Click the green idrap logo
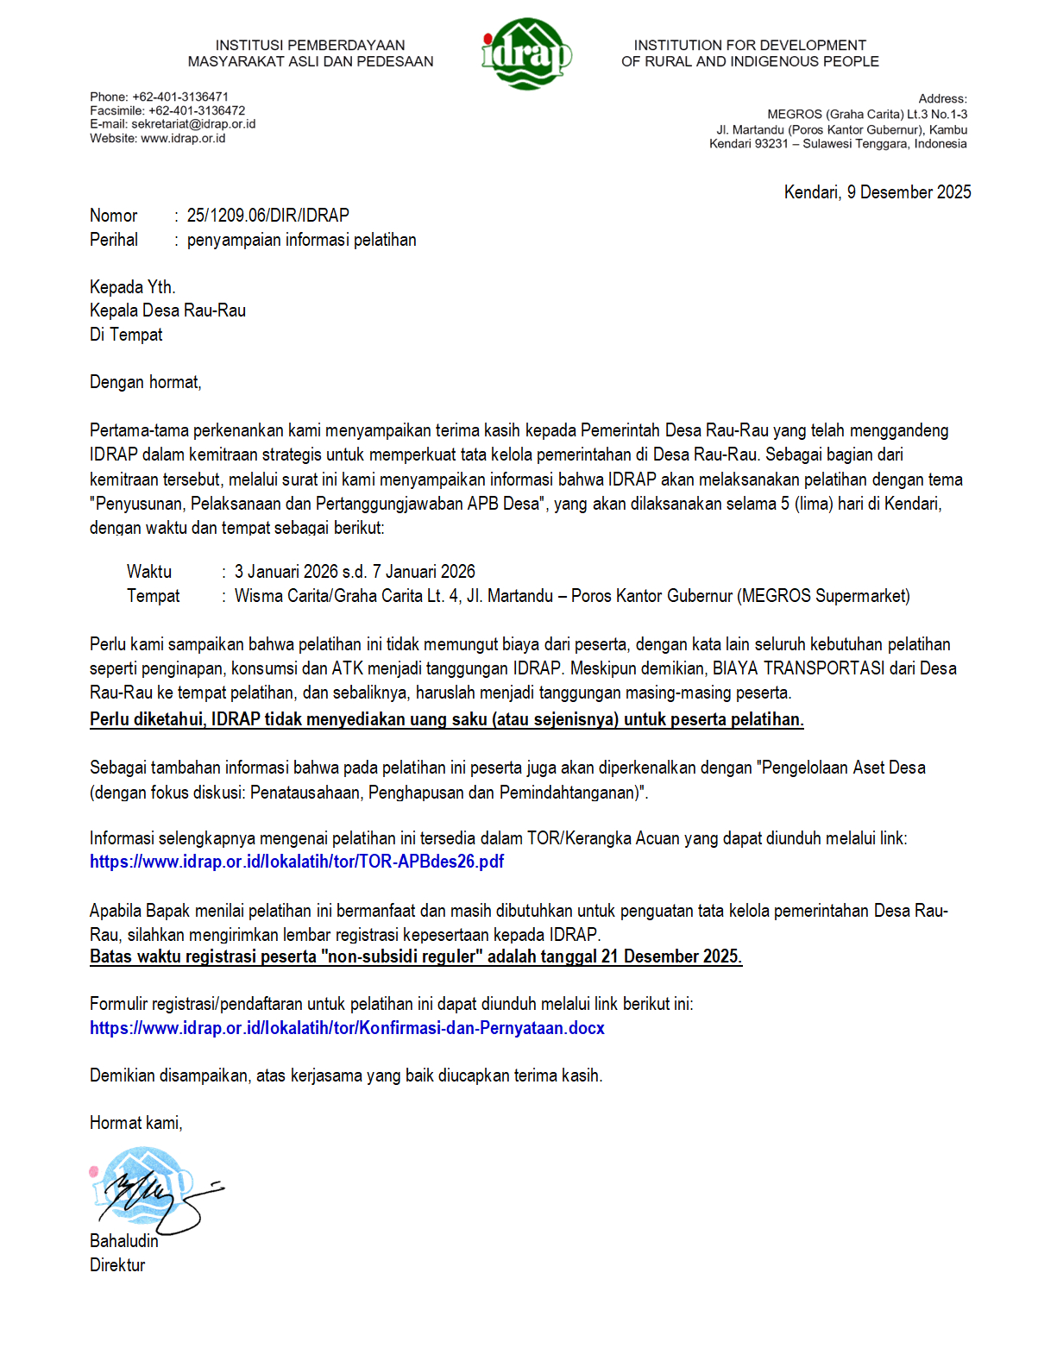coord(525,53)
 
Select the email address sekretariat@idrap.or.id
coord(193,124)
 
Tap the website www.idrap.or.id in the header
coord(183,138)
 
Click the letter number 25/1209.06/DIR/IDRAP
coord(267,216)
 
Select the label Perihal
coord(114,240)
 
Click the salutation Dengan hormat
coord(145,382)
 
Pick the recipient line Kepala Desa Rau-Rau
coord(167,310)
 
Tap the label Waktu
coord(149,572)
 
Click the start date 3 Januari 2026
coord(286,572)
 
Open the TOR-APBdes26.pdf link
coord(297,862)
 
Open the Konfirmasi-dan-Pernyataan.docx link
coord(347,1028)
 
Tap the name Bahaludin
coord(124,1241)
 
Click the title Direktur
coord(117,1265)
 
